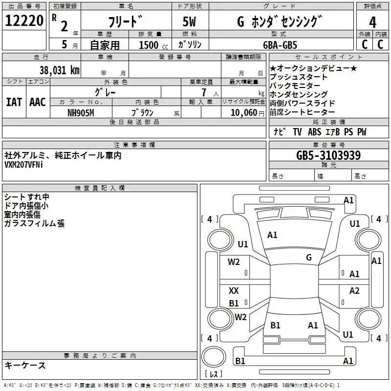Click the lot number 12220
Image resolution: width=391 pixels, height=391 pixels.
point(24,21)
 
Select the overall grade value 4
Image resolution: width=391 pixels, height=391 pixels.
point(372,22)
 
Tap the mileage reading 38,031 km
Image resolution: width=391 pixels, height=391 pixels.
point(59,70)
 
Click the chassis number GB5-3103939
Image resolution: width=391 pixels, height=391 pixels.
point(328,155)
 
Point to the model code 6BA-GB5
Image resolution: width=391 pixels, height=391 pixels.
point(280,45)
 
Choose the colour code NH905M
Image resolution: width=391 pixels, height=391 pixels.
point(81,113)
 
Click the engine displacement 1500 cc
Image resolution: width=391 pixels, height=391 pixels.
point(153,45)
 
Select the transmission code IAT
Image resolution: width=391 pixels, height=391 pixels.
point(14,102)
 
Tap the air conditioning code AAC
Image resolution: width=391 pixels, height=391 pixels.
point(38,102)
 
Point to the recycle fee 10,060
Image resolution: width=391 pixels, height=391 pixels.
point(243,113)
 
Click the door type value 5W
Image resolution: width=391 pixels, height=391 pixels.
point(189,22)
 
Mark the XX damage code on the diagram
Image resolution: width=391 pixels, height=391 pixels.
point(234,290)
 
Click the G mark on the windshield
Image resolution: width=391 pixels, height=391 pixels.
point(309,258)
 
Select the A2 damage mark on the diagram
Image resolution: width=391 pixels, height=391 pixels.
point(354,290)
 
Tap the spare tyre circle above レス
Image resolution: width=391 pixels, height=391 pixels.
point(214,357)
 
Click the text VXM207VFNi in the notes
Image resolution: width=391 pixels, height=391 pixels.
point(23,165)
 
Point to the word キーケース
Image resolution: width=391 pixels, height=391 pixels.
point(25,366)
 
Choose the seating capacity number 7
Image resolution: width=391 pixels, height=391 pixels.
point(204,92)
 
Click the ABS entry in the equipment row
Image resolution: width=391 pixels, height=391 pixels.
point(314,131)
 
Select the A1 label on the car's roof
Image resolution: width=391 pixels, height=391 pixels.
point(272,235)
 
